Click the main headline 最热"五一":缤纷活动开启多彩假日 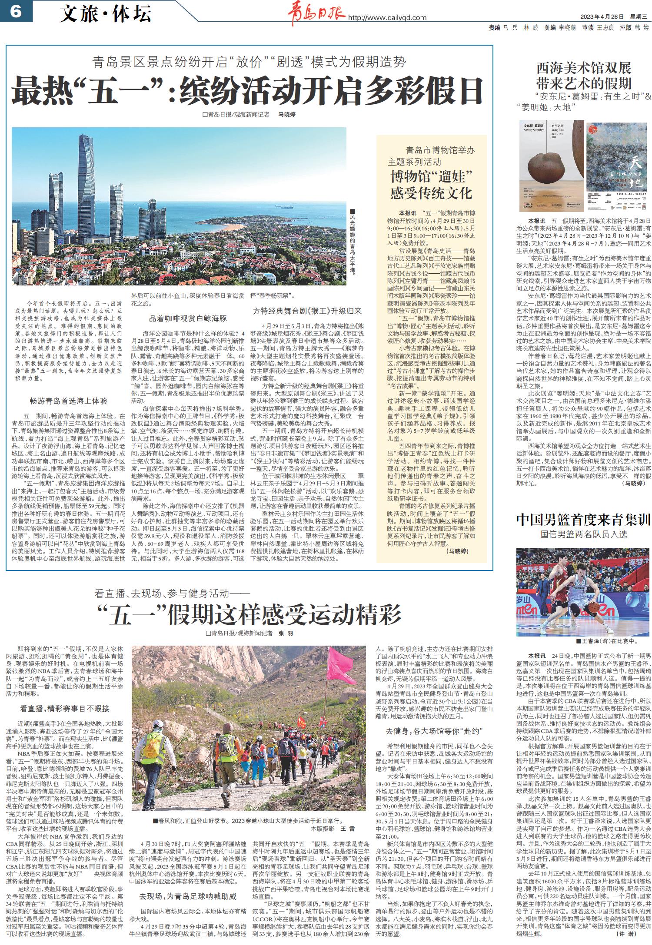click(x=247, y=90)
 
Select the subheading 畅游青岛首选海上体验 click(x=66, y=401)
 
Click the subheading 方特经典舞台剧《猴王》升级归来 click(x=307, y=311)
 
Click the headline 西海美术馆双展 click(x=583, y=68)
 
